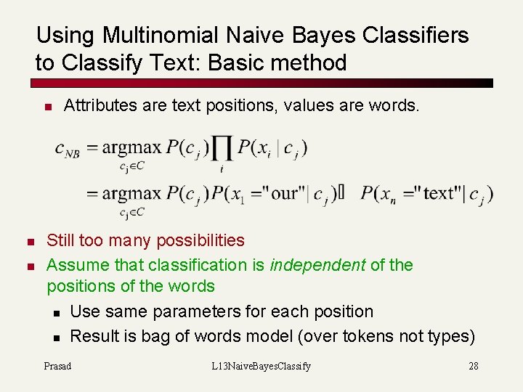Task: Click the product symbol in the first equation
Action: coord(222,149)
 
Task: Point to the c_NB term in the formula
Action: coord(68,149)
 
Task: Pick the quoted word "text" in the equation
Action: coord(436,194)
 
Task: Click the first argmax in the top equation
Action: coord(131,148)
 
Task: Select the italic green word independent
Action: coord(317,265)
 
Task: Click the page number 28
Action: coord(474,366)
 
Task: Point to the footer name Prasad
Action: coord(57,366)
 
